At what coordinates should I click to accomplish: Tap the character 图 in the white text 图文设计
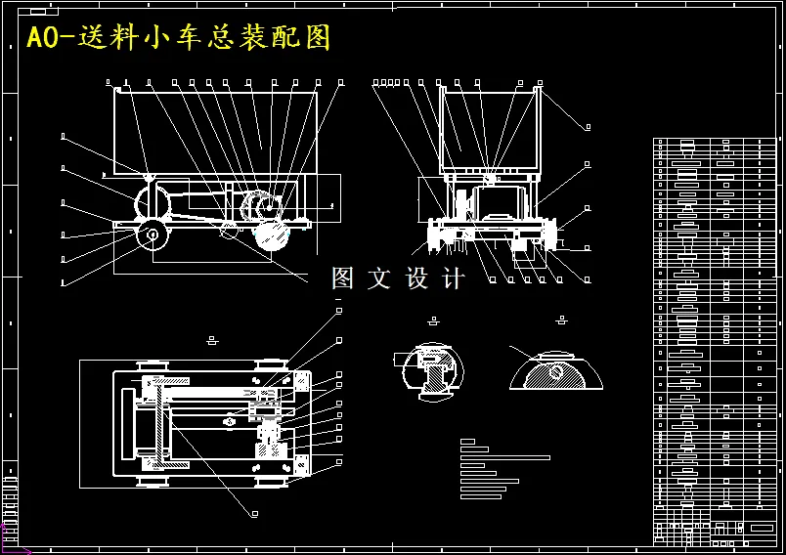343,278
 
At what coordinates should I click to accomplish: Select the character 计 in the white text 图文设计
455,278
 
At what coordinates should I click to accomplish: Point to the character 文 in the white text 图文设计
379,278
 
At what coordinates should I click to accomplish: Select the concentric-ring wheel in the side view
152,235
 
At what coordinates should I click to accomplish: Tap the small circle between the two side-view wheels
229,230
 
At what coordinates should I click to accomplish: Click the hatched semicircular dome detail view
555,370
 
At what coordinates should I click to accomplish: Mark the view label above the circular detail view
433,320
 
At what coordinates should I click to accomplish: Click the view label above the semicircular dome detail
561,320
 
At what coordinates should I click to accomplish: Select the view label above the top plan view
213,340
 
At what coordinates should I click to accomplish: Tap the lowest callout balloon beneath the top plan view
254,513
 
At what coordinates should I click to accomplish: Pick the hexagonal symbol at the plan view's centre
229,421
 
